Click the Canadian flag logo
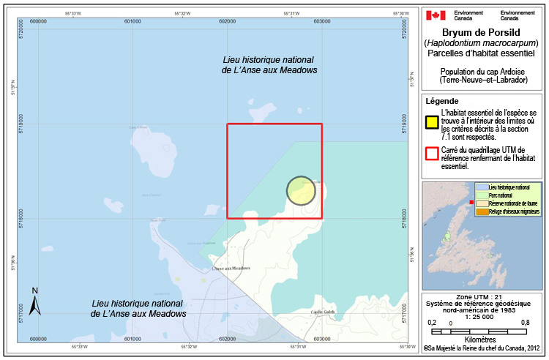click(x=436, y=15)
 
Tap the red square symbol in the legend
click(x=432, y=153)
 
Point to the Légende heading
click(x=442, y=101)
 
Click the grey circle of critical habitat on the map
click(x=301, y=191)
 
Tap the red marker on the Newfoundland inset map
click(x=471, y=201)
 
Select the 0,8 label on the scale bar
click(x=526, y=322)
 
